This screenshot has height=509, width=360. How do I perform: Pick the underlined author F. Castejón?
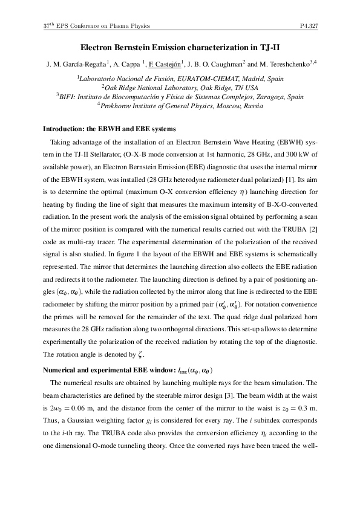coord(167,64)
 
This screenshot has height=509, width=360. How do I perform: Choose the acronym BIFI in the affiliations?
coord(68,96)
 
